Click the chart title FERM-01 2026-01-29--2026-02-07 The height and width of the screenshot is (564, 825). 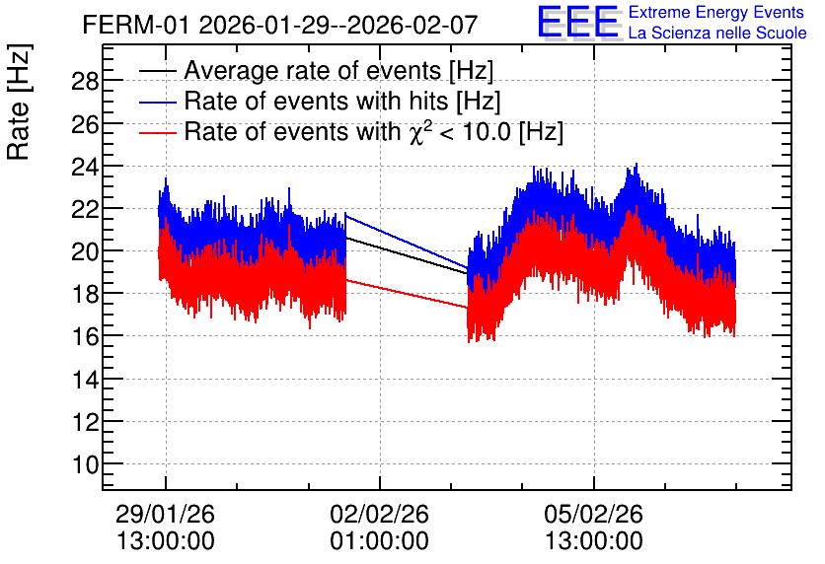tap(280, 25)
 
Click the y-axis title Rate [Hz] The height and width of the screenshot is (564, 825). tap(19, 102)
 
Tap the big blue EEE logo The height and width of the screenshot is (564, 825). tap(578, 22)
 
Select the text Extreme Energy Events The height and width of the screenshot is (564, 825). tap(716, 12)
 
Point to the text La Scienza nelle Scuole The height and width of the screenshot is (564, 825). tap(717, 33)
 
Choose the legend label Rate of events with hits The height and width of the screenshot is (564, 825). tap(342, 101)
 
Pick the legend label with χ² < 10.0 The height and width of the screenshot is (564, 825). tap(374, 131)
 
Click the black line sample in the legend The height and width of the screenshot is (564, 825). tap(157, 71)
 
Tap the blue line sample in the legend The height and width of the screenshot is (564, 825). tap(157, 102)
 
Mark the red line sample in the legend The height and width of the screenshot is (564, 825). tap(157, 132)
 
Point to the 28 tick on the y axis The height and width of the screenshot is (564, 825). tap(85, 81)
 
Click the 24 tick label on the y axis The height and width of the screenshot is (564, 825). tap(85, 166)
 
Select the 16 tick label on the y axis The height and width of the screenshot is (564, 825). tap(85, 336)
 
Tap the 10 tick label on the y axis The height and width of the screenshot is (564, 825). tap(85, 464)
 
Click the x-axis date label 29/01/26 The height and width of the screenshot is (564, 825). tap(165, 514)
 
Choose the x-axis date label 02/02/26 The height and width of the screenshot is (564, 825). tap(379, 514)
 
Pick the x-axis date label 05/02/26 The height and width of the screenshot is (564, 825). tap(593, 514)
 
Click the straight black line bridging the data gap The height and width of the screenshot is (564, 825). tap(407, 255)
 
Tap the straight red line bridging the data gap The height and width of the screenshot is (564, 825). tap(407, 294)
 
